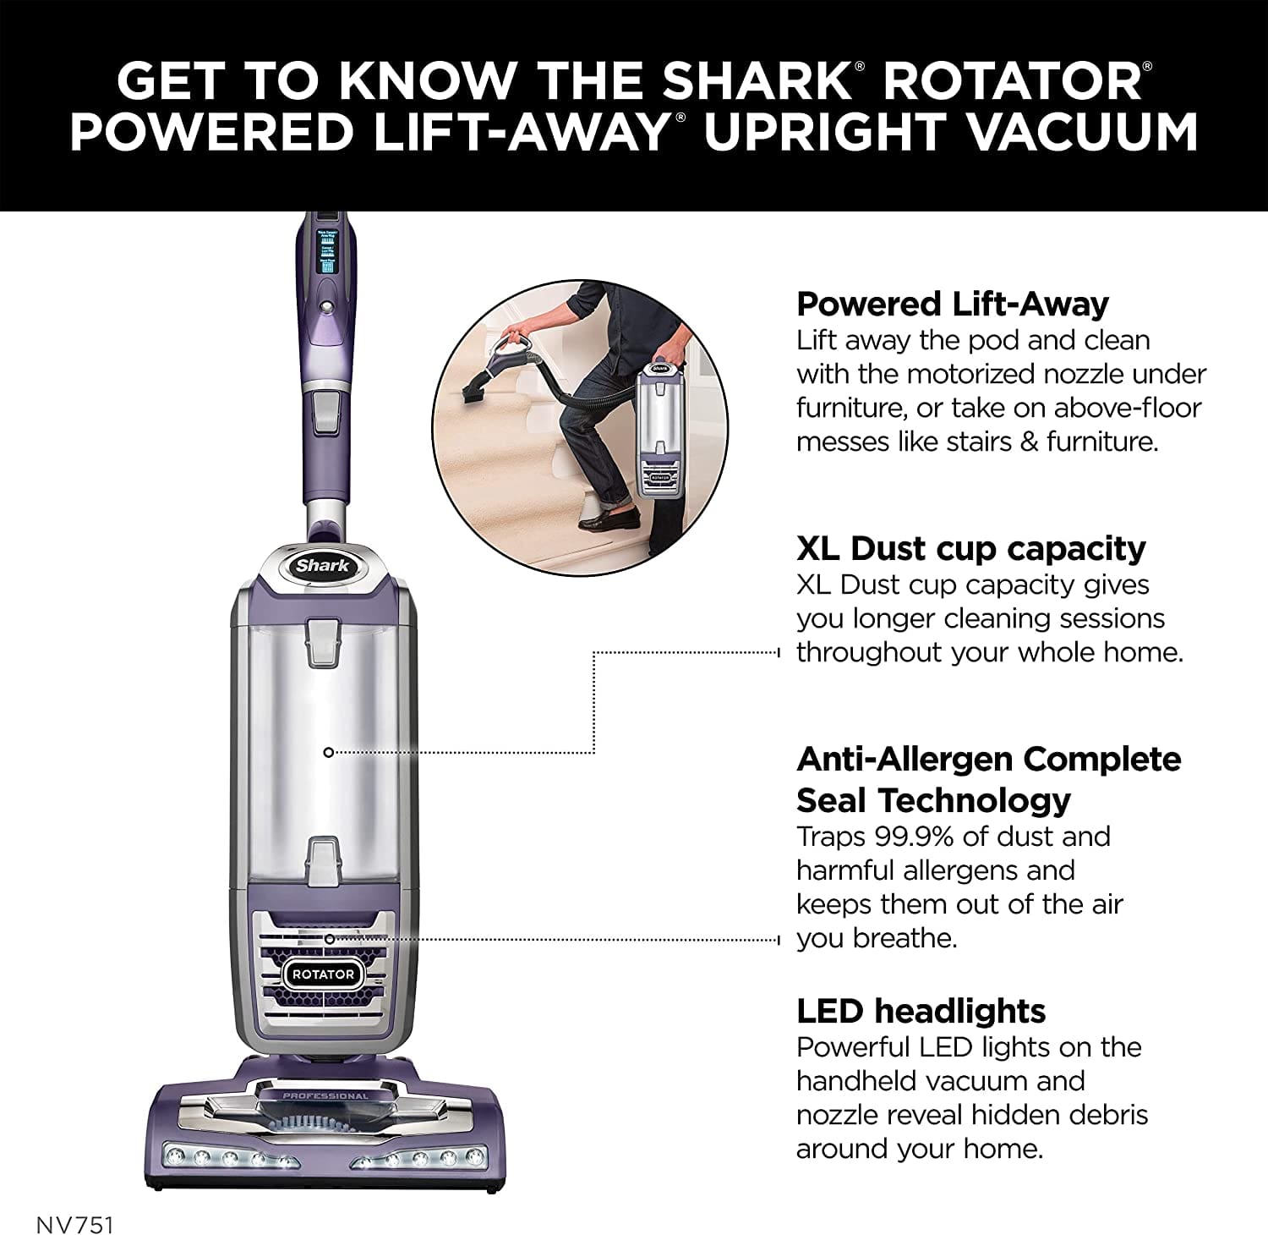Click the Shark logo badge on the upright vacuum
(322, 566)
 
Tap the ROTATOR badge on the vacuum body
(323, 974)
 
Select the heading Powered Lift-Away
(952, 304)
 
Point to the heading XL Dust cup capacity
(970, 548)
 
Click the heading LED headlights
(921, 1011)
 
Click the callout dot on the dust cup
(329, 752)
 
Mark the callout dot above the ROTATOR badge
(329, 939)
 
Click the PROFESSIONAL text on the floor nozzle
(325, 1096)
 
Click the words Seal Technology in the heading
(933, 799)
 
